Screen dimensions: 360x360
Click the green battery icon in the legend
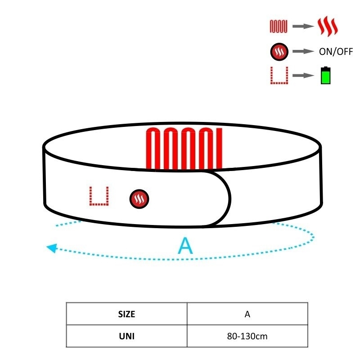tap(325, 75)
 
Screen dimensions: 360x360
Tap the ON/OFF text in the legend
tap(336, 52)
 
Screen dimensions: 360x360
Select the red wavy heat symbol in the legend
tap(328, 26)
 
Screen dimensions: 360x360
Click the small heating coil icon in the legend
tap(279, 27)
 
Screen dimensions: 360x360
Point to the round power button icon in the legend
tap(279, 52)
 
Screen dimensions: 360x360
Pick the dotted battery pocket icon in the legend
tap(279, 76)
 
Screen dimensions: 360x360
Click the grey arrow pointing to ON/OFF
tap(303, 51)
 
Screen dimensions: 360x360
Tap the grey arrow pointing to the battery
tap(303, 75)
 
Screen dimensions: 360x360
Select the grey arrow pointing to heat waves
tap(303, 26)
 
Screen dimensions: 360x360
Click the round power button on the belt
tap(139, 199)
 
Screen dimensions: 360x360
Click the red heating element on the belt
tap(184, 149)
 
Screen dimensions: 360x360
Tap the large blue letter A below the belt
tap(185, 246)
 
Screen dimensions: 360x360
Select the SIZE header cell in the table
tap(127, 314)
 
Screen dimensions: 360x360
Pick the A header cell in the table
tap(247, 314)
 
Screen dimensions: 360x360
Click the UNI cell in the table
tap(127, 336)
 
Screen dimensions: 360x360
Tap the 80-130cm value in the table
tap(247, 336)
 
